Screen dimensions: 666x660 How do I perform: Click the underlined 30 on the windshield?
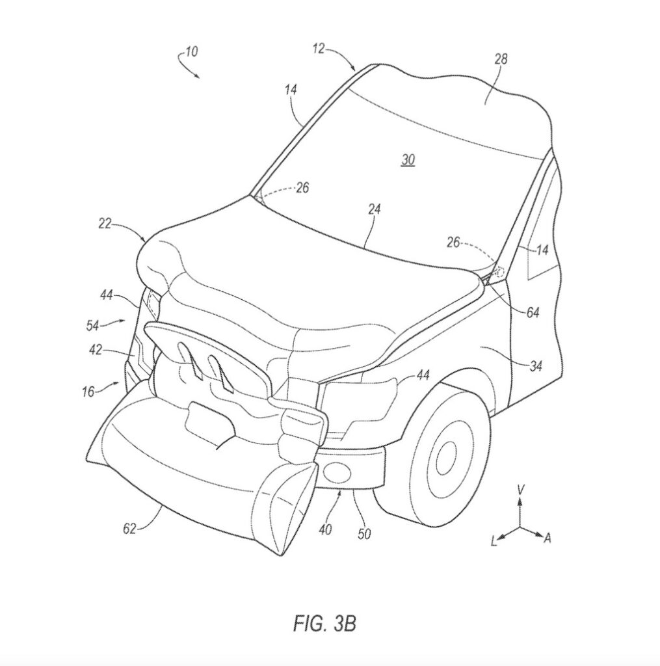pos(408,159)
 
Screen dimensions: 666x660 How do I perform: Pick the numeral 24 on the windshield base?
pos(375,209)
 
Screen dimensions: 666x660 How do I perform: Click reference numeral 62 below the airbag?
pos(129,529)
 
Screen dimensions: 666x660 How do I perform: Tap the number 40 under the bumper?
pos(325,530)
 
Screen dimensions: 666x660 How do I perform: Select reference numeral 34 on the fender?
pos(535,367)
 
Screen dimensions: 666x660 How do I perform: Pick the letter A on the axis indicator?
pos(548,538)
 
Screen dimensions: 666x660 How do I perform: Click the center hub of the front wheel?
pos(446,459)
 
